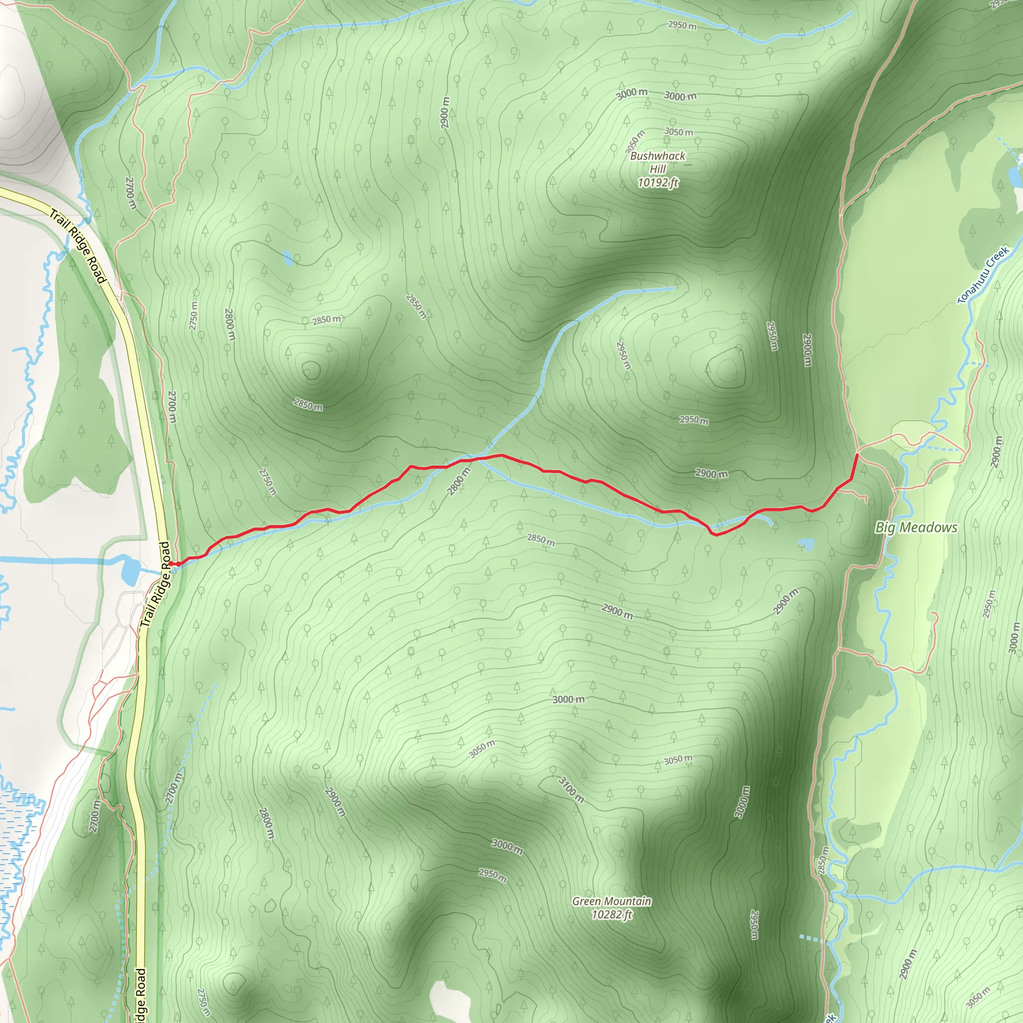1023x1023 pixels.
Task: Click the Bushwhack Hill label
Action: point(658,162)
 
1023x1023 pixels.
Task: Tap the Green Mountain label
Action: point(611,901)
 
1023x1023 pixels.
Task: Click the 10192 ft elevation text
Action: point(658,183)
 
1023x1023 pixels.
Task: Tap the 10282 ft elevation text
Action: point(611,915)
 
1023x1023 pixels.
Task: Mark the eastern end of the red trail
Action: point(857,455)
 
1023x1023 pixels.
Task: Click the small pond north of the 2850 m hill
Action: point(288,258)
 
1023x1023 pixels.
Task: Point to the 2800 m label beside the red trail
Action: point(459,482)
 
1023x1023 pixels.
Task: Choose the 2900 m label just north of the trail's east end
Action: point(711,474)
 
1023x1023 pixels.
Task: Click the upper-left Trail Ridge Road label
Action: point(78,246)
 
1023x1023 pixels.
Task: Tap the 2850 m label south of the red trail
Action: point(540,539)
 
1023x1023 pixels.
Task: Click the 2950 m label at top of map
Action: point(682,25)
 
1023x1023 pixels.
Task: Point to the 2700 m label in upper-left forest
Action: point(131,193)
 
